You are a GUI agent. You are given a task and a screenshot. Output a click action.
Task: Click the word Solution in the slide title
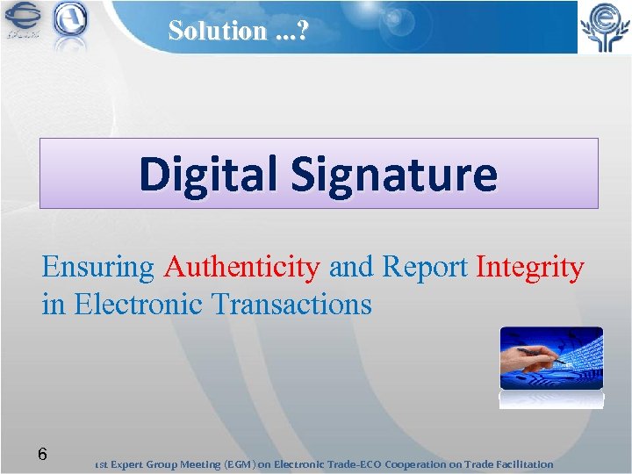point(216,30)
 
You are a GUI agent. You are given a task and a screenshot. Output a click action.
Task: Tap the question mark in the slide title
point(304,30)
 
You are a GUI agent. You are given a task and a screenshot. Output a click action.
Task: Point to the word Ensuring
point(97,267)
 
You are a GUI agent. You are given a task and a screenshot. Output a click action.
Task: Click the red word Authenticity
point(241,267)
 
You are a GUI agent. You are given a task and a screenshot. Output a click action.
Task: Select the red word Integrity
point(529,267)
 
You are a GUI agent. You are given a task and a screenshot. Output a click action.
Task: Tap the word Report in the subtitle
point(426,267)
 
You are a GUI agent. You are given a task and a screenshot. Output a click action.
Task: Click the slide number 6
point(41,455)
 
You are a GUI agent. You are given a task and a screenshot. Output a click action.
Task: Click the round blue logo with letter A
point(71,21)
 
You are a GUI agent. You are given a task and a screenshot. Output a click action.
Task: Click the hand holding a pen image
point(551,359)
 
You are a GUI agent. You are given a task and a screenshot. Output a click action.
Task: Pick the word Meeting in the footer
point(197,464)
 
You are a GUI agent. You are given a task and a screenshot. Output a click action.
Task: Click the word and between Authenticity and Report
point(350,267)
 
